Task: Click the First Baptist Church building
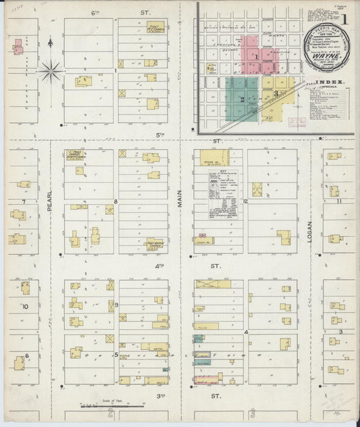[157, 244]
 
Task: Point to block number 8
[115, 201]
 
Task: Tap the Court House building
[203, 240]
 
